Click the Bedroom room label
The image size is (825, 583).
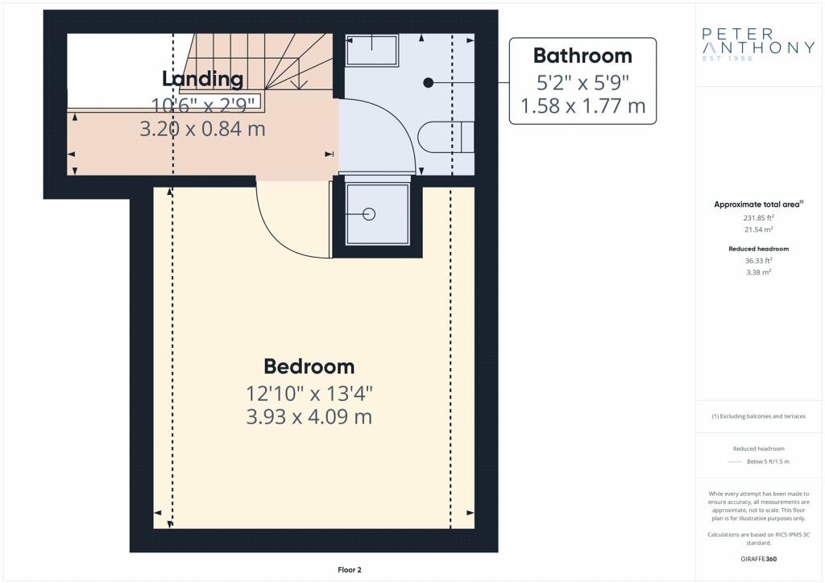(309, 366)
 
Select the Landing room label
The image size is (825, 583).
(202, 79)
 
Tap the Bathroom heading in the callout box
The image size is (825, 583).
(582, 56)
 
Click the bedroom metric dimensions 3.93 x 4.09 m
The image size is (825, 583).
(309, 416)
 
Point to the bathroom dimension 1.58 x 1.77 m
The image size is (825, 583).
(582, 105)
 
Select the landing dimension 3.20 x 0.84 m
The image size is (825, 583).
(202, 129)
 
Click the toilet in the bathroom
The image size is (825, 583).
(446, 137)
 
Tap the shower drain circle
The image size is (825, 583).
(369, 214)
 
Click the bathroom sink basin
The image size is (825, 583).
(371, 49)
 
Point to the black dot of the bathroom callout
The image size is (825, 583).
(429, 82)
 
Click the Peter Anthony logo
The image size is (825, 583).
(758, 44)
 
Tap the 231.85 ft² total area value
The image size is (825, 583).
(758, 217)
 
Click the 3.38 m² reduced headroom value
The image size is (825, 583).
(758, 272)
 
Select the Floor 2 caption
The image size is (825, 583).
(350, 570)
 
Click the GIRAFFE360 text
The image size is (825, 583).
(758, 559)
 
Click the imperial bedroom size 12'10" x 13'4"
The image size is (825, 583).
(309, 393)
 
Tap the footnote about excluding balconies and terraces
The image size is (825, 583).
(758, 416)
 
